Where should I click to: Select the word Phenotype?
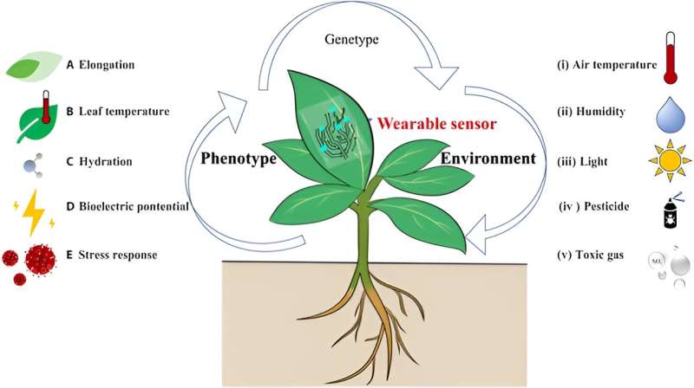(239, 159)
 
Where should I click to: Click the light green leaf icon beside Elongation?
(33, 66)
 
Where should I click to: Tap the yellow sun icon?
(668, 160)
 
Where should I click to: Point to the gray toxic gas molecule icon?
(668, 265)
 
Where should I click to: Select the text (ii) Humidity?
(592, 112)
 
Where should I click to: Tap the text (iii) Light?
(582, 159)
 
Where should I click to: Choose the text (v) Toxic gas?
(591, 256)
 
